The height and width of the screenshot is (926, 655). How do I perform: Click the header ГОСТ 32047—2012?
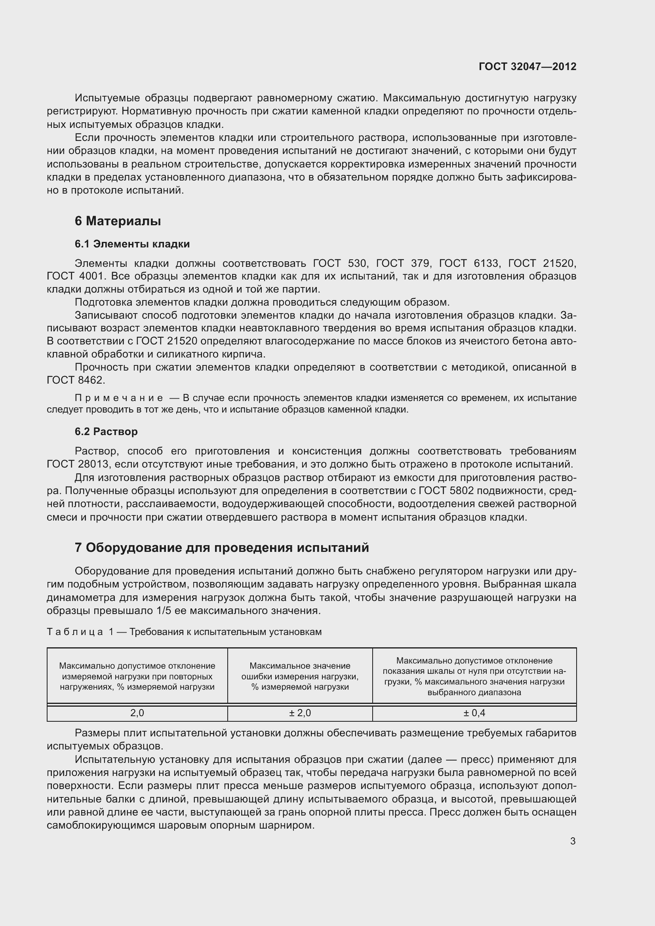(527, 67)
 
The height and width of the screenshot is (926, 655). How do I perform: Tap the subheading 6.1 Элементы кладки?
(132, 244)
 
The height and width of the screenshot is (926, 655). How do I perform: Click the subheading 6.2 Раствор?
(106, 432)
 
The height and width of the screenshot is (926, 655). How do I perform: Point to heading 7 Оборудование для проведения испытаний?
(222, 548)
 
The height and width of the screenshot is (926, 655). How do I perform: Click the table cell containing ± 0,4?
(474, 713)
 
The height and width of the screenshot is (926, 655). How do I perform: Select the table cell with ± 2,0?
(300, 713)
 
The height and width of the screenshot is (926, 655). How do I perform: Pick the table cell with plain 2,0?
(137, 713)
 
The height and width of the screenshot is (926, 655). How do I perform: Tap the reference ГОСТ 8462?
(75, 380)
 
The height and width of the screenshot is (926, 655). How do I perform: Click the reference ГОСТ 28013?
(78, 464)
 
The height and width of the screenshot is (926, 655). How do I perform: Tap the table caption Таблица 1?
(80, 632)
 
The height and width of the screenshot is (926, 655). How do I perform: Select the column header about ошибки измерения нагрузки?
(300, 676)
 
